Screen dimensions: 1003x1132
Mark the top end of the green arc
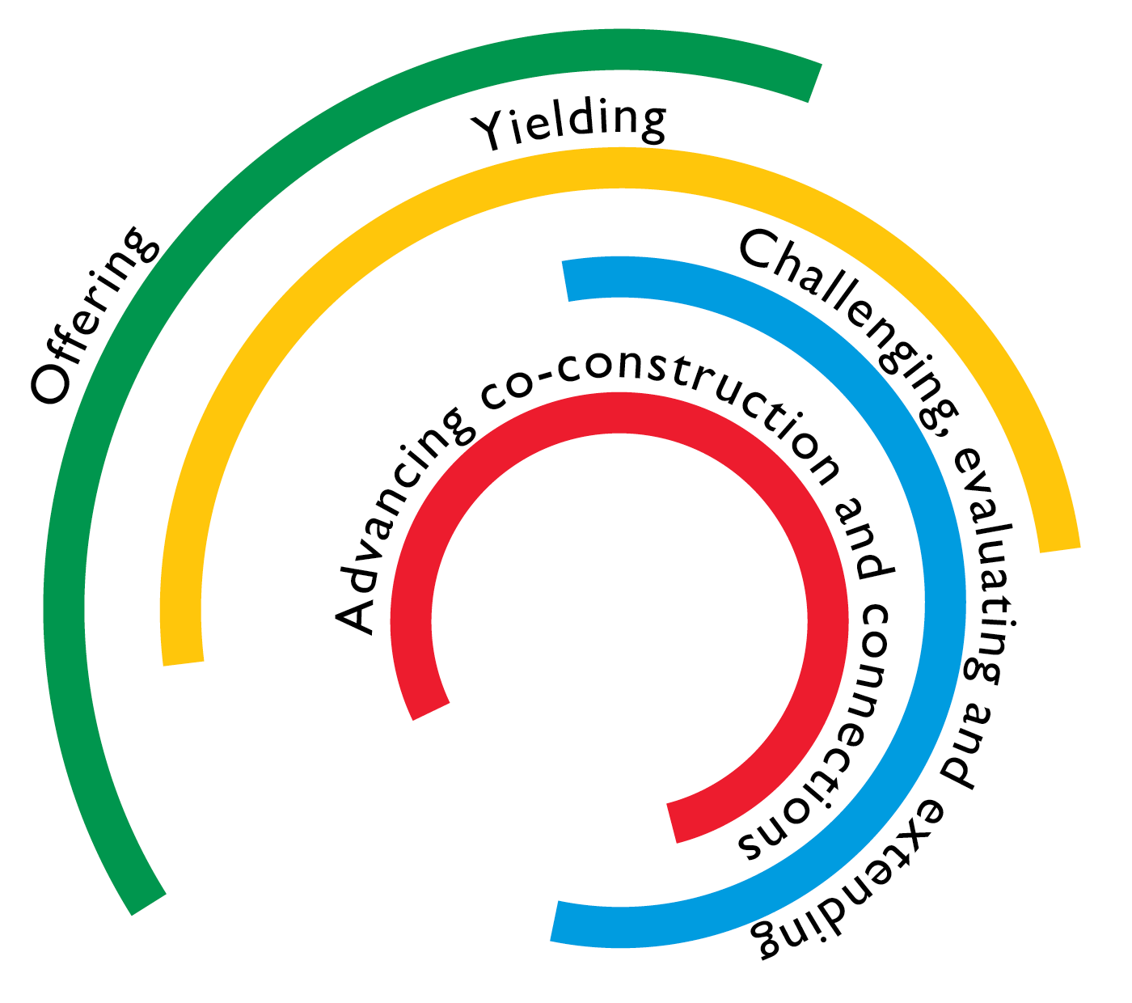pos(815,83)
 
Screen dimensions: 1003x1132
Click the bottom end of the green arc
pos(149,904)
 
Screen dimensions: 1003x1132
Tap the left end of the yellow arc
pos(183,662)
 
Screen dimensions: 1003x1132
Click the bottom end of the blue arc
pos(555,921)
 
